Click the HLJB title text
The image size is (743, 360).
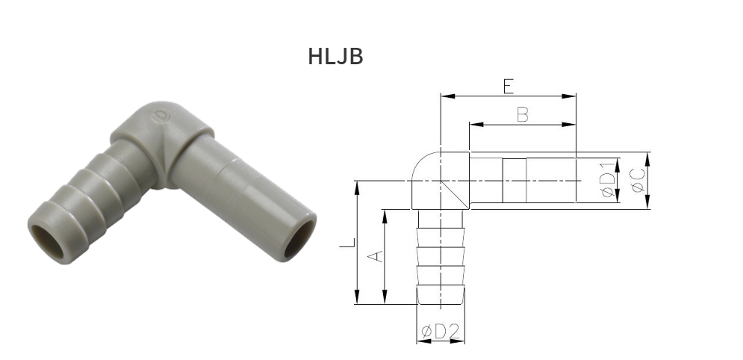pos(335,57)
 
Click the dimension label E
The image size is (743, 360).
pos(508,87)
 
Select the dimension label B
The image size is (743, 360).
pos(522,115)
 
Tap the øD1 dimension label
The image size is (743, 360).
pos(609,181)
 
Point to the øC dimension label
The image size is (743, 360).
pos(639,180)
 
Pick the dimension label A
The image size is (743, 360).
pos(377,255)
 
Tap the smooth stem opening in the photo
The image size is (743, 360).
pos(298,240)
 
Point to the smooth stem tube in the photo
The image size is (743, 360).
pos(239,187)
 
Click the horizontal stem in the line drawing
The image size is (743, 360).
pos(523,180)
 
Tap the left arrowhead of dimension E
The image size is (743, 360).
pos(445,96)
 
